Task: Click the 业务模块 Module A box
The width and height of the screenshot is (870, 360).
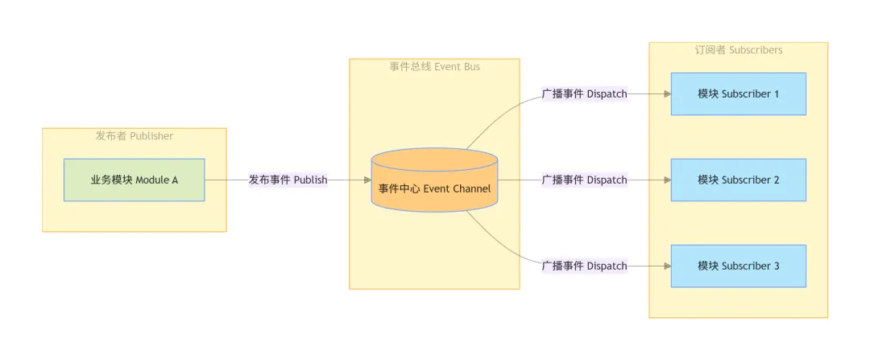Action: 134,180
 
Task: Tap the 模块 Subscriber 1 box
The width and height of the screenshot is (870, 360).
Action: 738,94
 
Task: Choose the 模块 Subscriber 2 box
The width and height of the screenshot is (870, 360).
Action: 738,180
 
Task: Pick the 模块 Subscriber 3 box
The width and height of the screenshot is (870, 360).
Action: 738,266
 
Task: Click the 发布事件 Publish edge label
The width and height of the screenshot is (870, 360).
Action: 288,180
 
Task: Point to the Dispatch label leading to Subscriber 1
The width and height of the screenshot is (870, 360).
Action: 584,94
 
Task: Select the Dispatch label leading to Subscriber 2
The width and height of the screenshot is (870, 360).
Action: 584,180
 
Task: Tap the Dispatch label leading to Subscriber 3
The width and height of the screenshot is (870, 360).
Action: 584,266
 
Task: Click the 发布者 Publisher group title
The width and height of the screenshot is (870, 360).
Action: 134,136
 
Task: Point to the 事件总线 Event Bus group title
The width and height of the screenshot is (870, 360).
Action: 434,67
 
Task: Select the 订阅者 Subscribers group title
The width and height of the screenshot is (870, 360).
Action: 738,50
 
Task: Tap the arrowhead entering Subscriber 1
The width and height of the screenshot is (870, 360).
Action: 667,94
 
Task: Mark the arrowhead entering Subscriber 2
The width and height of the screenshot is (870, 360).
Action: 667,180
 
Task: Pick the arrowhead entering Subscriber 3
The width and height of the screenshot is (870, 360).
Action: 667,266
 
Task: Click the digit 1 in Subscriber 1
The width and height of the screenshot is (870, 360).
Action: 777,94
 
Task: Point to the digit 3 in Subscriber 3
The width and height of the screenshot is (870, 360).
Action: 777,266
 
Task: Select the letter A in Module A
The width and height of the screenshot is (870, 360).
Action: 175,180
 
